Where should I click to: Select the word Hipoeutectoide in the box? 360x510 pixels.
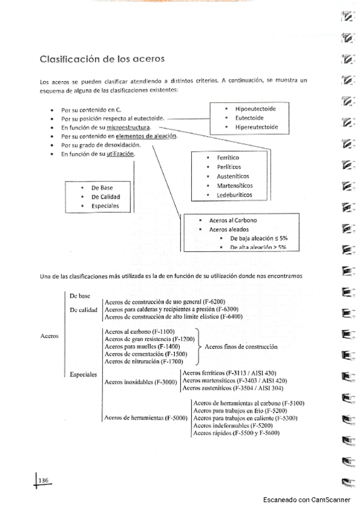255,109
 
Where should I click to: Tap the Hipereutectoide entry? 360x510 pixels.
257,127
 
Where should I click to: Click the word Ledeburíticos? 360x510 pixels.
234,195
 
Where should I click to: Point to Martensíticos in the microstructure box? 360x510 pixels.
235,186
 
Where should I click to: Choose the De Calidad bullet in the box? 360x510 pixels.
105,197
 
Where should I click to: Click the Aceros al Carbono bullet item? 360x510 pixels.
234,220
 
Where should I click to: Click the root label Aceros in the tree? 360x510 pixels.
49,336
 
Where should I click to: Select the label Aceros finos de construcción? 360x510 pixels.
241,347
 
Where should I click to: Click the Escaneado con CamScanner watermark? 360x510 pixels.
309,500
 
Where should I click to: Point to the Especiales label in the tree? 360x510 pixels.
84,374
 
